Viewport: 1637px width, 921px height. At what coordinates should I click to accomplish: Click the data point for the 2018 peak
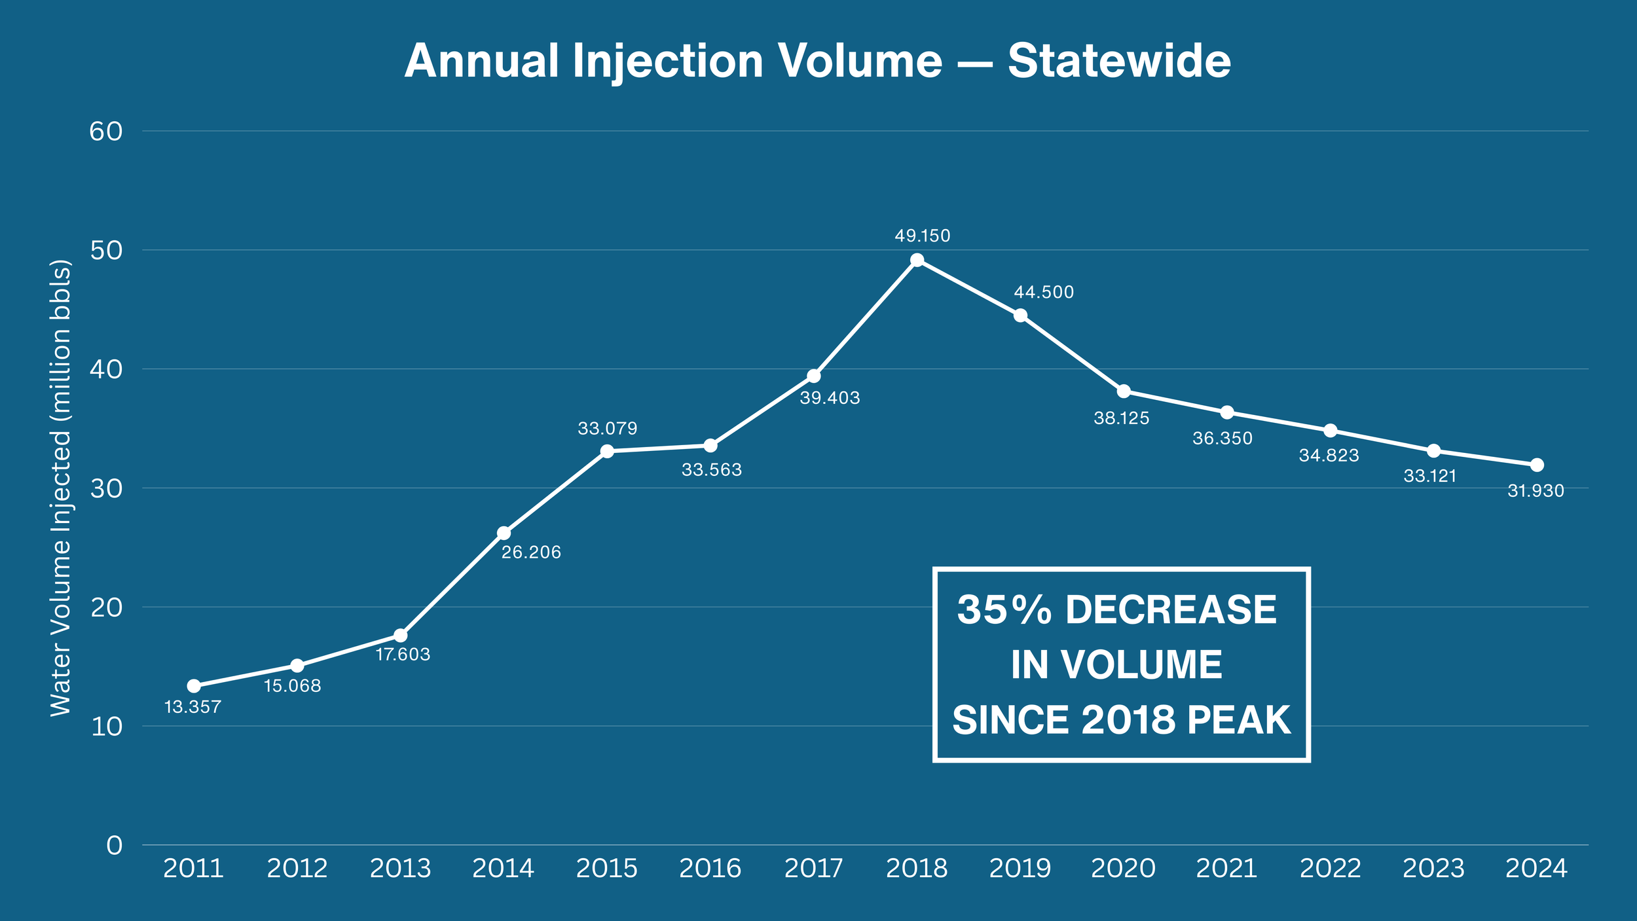pyautogui.click(x=917, y=261)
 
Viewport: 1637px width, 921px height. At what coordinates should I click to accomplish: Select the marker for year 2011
pyautogui.click(x=194, y=686)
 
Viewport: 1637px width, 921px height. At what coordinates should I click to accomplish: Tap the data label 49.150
pyautogui.click(x=922, y=236)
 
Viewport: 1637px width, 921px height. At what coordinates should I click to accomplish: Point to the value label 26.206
pyautogui.click(x=531, y=552)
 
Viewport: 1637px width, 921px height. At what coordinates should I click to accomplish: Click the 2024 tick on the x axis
pyautogui.click(x=1536, y=869)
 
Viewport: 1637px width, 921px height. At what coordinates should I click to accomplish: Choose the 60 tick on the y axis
pyautogui.click(x=106, y=132)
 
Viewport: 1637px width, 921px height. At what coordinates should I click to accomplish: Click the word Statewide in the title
pyautogui.click(x=1119, y=61)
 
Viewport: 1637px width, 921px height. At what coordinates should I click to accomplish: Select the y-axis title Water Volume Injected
pyautogui.click(x=60, y=488)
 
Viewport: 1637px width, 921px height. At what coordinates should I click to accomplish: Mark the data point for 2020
pyautogui.click(x=1124, y=391)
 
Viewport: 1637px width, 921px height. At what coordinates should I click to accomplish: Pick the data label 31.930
pyautogui.click(x=1536, y=491)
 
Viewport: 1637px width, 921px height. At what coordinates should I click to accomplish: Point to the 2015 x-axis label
pyautogui.click(x=606, y=869)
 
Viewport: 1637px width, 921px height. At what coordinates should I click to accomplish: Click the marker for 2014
pyautogui.click(x=504, y=533)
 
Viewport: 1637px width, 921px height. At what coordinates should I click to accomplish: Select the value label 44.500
pyautogui.click(x=1044, y=293)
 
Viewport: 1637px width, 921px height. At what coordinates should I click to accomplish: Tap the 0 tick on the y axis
pyautogui.click(x=115, y=846)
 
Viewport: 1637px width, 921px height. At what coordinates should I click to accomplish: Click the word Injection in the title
pyautogui.click(x=668, y=61)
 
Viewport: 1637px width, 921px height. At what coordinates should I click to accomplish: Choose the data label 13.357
pyautogui.click(x=193, y=707)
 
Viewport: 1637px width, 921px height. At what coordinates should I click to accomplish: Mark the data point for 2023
pyautogui.click(x=1433, y=451)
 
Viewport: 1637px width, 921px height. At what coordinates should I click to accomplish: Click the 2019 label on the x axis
pyautogui.click(x=1020, y=869)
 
